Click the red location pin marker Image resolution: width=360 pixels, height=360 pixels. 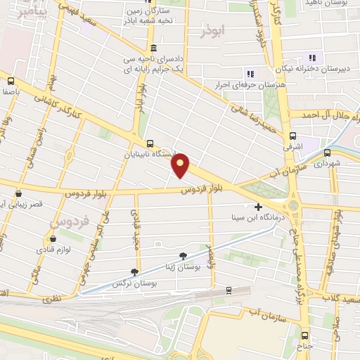181,166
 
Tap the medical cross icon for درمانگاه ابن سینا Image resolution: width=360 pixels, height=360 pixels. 259,207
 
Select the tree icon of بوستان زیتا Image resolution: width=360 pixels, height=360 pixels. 184,256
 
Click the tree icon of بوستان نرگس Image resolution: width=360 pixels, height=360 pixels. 134,272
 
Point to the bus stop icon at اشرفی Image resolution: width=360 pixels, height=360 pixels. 292,136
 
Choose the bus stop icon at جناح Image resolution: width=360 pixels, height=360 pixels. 304,335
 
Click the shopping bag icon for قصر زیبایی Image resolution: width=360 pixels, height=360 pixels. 18,193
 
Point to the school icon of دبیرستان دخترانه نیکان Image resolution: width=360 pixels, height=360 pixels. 312,57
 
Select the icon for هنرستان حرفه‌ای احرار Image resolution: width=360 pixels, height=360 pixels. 248,74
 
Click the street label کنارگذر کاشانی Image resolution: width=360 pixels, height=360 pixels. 70,105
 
